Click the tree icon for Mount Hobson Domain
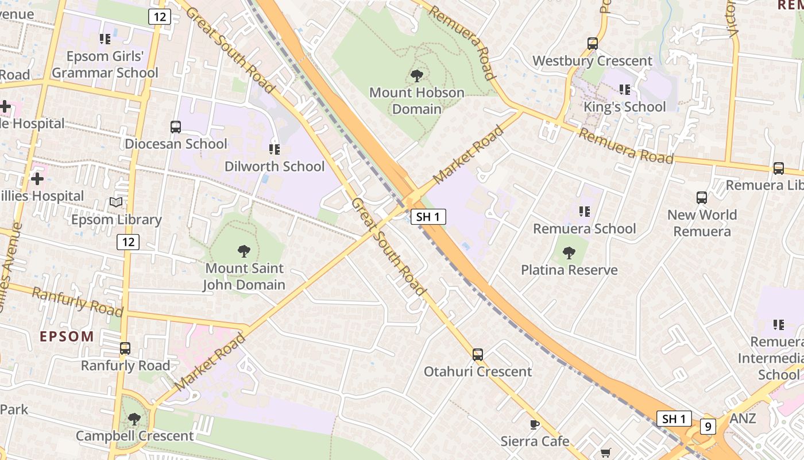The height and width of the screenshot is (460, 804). [417, 75]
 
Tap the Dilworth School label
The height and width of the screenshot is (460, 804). [275, 166]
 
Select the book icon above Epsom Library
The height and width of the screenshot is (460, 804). [116, 202]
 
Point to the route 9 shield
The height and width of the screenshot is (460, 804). [709, 427]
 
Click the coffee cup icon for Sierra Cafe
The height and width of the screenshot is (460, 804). [535, 425]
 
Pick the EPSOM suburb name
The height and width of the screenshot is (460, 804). [67, 337]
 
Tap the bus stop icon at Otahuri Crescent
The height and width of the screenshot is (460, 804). [478, 355]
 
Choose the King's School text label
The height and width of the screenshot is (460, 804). [625, 107]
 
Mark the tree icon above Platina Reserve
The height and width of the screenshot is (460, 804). [569, 253]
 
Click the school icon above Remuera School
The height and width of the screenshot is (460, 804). [585, 212]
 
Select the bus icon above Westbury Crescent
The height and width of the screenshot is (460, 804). [593, 44]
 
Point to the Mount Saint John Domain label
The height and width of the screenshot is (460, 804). [245, 277]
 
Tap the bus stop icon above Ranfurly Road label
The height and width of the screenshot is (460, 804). [125, 348]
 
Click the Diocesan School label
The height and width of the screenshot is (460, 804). [176, 144]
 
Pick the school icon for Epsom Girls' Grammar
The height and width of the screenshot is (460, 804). [105, 39]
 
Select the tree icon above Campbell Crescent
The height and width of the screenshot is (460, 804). [134, 419]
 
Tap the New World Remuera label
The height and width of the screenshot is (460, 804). [702, 223]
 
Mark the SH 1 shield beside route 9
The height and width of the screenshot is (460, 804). [674, 419]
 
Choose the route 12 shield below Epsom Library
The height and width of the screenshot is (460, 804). [128, 242]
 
